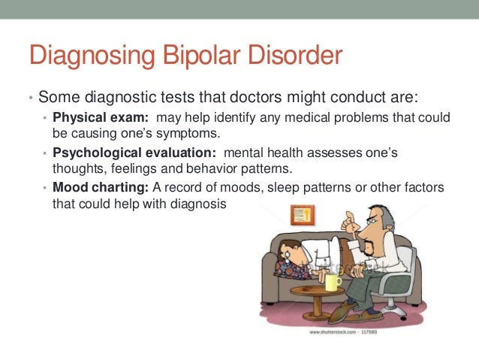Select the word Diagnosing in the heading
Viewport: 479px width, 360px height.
(x=95, y=57)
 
